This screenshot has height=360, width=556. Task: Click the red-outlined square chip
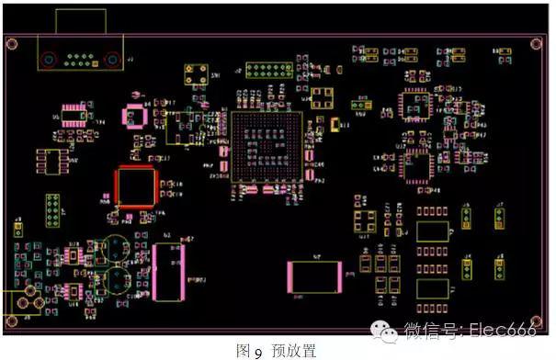click(x=134, y=187)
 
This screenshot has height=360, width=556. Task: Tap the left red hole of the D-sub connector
click(x=49, y=61)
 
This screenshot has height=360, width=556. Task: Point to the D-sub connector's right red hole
click(x=112, y=61)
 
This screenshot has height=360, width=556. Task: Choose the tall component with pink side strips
click(x=168, y=271)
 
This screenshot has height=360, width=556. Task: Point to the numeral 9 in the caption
click(x=258, y=351)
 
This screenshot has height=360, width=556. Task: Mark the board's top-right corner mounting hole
click(x=537, y=42)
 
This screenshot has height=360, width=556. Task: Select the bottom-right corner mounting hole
click(x=537, y=322)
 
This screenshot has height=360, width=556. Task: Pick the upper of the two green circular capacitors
click(x=115, y=248)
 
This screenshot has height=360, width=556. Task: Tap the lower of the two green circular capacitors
click(x=115, y=278)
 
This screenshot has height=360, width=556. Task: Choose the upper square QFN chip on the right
click(x=414, y=105)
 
